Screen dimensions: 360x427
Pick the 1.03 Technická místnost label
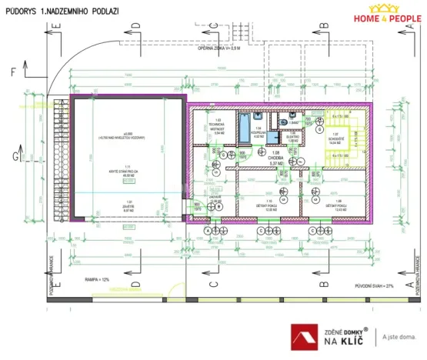coord(219,127)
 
